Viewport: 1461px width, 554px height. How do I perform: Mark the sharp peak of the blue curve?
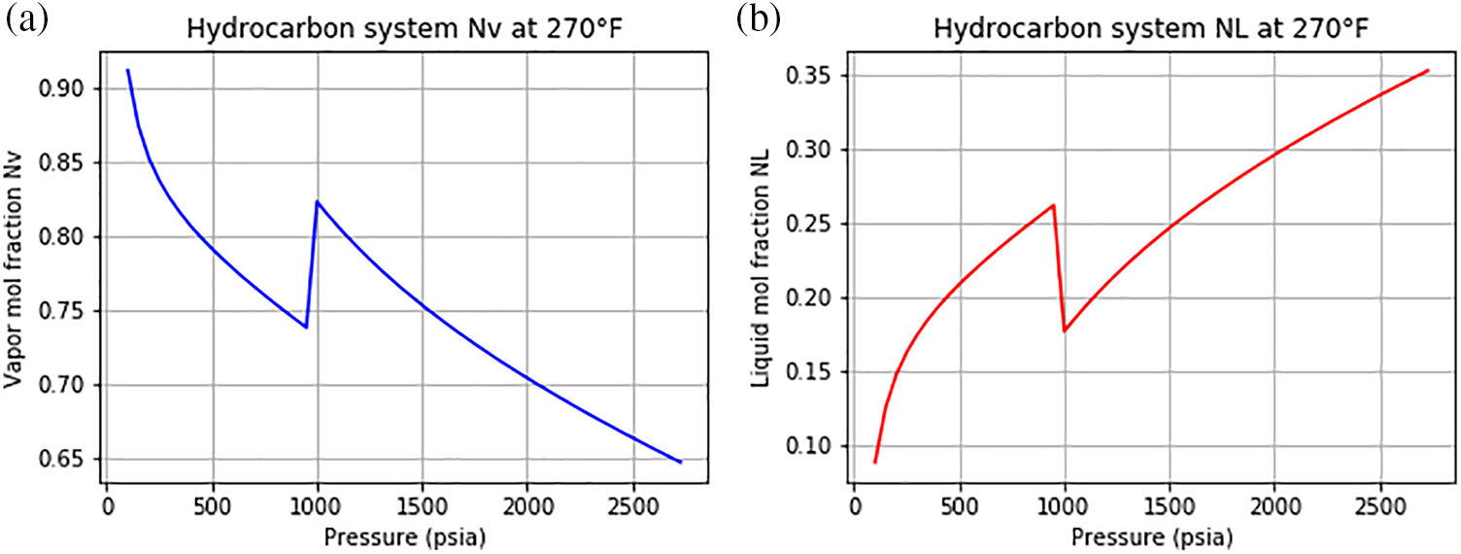[317, 201]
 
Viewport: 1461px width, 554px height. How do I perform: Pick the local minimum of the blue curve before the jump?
[306, 328]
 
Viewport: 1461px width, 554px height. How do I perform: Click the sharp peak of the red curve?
[1053, 205]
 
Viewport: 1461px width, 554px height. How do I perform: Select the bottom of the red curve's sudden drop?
[1065, 331]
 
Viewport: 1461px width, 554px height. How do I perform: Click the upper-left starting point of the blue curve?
[127, 70]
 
